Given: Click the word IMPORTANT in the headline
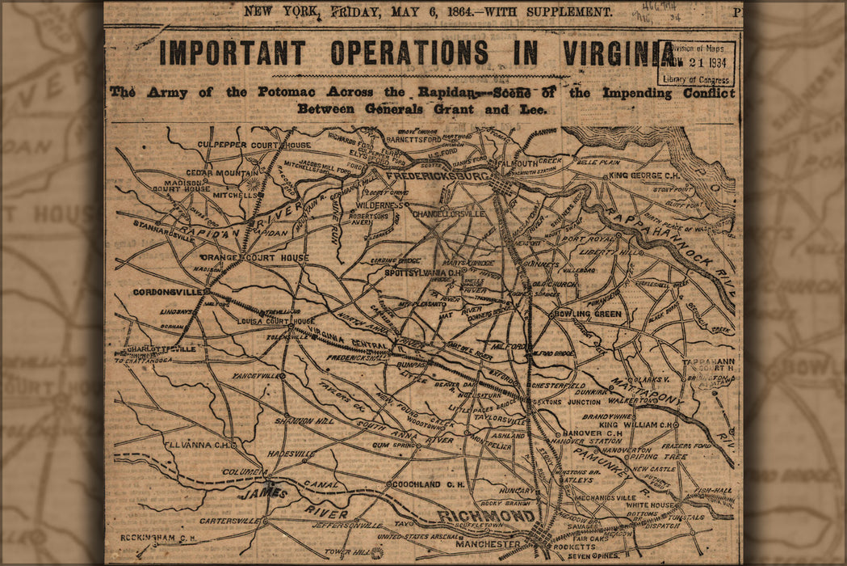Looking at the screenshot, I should tap(232, 53).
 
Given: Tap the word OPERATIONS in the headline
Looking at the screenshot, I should tap(409, 53).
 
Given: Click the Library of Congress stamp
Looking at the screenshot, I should tap(696, 63).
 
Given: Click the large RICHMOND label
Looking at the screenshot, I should tap(486, 516).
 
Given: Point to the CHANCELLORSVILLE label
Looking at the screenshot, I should tap(448, 214).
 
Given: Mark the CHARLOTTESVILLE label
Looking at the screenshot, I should tap(161, 348).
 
